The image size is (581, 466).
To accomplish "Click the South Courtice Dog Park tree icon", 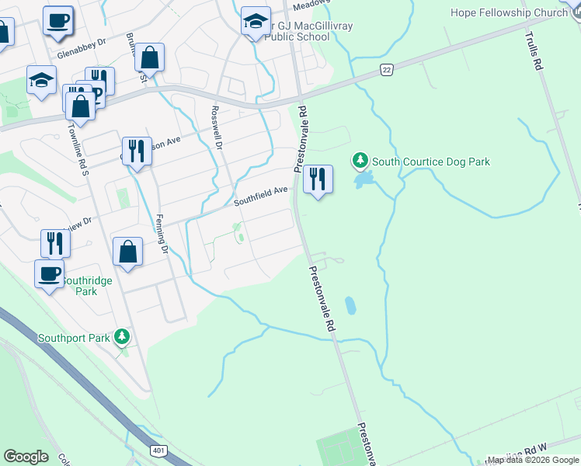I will pyautogui.click(x=360, y=162).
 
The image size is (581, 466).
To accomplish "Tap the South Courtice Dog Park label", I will pyautogui.click(x=430, y=162).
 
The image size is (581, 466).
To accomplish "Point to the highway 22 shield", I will pyautogui.click(x=386, y=70).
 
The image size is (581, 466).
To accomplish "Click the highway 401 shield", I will pyautogui.click(x=158, y=450).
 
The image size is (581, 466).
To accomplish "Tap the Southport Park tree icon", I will pyautogui.click(x=121, y=336).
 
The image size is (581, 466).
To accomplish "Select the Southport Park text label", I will pyautogui.click(x=75, y=339).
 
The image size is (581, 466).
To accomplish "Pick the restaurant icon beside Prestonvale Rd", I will pyautogui.click(x=318, y=179).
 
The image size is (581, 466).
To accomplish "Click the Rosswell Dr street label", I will pyautogui.click(x=217, y=129).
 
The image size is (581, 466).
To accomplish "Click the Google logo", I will pyautogui.click(x=26, y=457).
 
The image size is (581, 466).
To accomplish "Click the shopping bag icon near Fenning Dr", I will pyautogui.click(x=127, y=252).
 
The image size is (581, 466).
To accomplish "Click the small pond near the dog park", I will pyautogui.click(x=362, y=181).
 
